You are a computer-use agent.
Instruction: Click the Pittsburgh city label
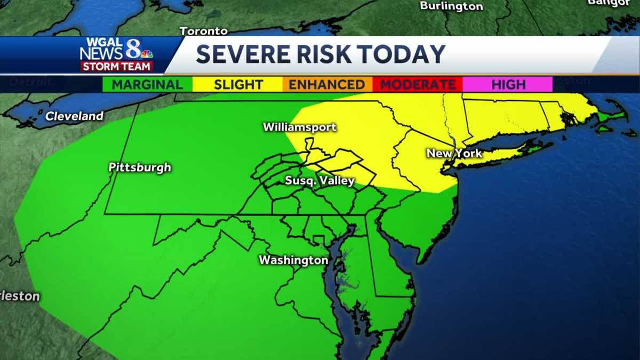tap(140, 167)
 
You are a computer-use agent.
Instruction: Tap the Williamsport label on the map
tap(300, 127)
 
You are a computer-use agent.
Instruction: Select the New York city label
tap(454, 154)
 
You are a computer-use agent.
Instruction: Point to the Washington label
tap(293, 260)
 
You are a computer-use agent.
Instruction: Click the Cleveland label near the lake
tap(74, 116)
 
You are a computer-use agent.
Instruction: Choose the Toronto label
tap(204, 31)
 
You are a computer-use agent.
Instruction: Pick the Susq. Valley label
tap(319, 181)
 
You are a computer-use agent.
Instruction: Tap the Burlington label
tap(451, 6)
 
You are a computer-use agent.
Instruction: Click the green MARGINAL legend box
tap(147, 84)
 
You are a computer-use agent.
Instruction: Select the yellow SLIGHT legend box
tap(238, 84)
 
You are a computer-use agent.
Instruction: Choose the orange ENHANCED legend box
tap(327, 84)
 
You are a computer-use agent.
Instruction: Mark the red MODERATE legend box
tap(418, 84)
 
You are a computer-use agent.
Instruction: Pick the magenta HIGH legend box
tap(508, 84)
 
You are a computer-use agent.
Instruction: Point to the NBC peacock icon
tap(147, 53)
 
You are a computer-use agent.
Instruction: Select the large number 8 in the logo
tap(133, 50)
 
